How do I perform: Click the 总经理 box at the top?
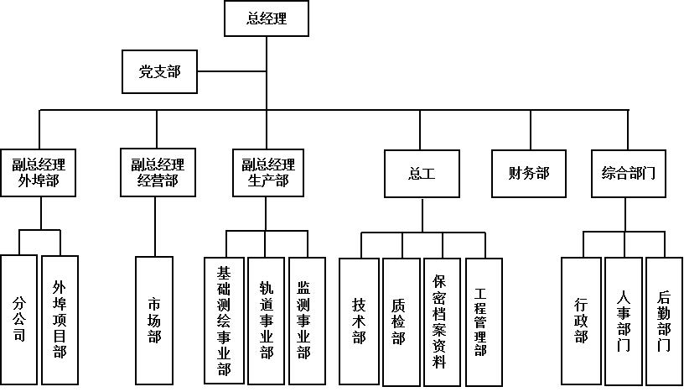click(267, 18)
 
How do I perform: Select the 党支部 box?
click(160, 72)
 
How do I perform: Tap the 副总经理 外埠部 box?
click(39, 172)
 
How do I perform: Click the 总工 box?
click(422, 174)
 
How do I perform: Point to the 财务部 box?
click(529, 174)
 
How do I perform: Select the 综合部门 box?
click(629, 174)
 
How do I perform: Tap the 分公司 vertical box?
click(18, 319)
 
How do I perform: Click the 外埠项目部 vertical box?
click(60, 319)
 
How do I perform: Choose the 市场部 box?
click(154, 320)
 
